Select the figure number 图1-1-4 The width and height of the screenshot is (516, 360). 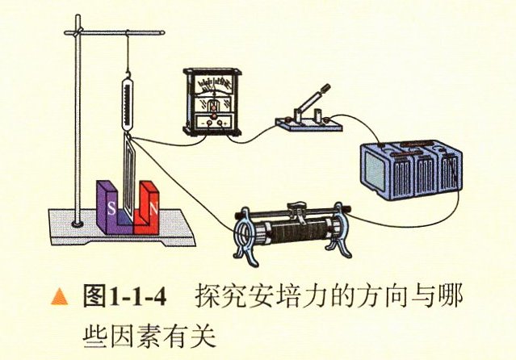(x=124, y=296)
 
